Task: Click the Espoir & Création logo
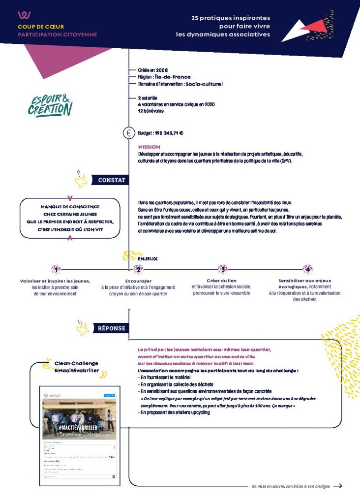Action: pyautogui.click(x=50, y=102)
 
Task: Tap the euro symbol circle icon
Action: pyautogui.click(x=129, y=132)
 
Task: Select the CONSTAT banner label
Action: pyautogui.click(x=112, y=180)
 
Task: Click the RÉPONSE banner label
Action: pyautogui.click(x=112, y=328)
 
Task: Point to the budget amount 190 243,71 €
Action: pyautogui.click(x=169, y=133)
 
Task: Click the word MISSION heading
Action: pyautogui.click(x=149, y=147)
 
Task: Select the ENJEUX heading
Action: pyautogui.click(x=148, y=258)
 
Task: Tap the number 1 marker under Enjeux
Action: pyautogui.click(x=57, y=269)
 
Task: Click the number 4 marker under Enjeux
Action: pyautogui.click(x=307, y=269)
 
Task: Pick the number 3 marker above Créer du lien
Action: pyautogui.click(x=222, y=269)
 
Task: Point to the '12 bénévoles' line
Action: pyautogui.click(x=150, y=111)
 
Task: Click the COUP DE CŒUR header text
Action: pyautogui.click(x=41, y=27)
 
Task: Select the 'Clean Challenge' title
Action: pyautogui.click(x=76, y=363)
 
